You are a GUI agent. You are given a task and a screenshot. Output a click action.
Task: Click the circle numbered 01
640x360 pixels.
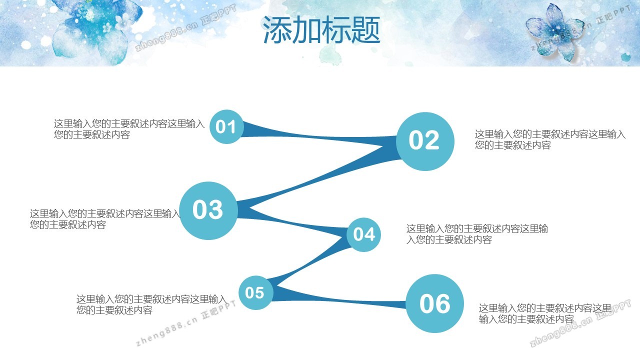point(226,126)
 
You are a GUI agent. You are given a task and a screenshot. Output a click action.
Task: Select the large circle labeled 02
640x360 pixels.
point(425,141)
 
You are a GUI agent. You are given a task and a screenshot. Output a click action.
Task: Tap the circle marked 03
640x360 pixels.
point(208,210)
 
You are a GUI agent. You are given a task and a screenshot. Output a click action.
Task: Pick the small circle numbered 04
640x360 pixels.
point(363,234)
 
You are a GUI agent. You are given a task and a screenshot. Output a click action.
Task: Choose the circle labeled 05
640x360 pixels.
point(255,292)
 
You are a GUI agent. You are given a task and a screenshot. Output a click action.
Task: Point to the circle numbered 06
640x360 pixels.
point(435,303)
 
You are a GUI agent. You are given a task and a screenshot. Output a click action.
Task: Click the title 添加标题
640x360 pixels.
point(321,29)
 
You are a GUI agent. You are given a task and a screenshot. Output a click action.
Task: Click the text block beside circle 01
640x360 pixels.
point(129,129)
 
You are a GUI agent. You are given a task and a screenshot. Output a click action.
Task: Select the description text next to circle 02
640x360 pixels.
point(550,139)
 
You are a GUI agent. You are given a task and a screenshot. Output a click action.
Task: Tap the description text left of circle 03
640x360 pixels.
point(105,219)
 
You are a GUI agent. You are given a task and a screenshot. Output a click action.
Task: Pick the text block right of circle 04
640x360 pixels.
point(477,234)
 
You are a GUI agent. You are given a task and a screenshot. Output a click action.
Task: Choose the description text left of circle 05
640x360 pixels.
point(151,304)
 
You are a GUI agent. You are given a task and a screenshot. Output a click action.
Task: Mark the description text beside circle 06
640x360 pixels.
point(545,313)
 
